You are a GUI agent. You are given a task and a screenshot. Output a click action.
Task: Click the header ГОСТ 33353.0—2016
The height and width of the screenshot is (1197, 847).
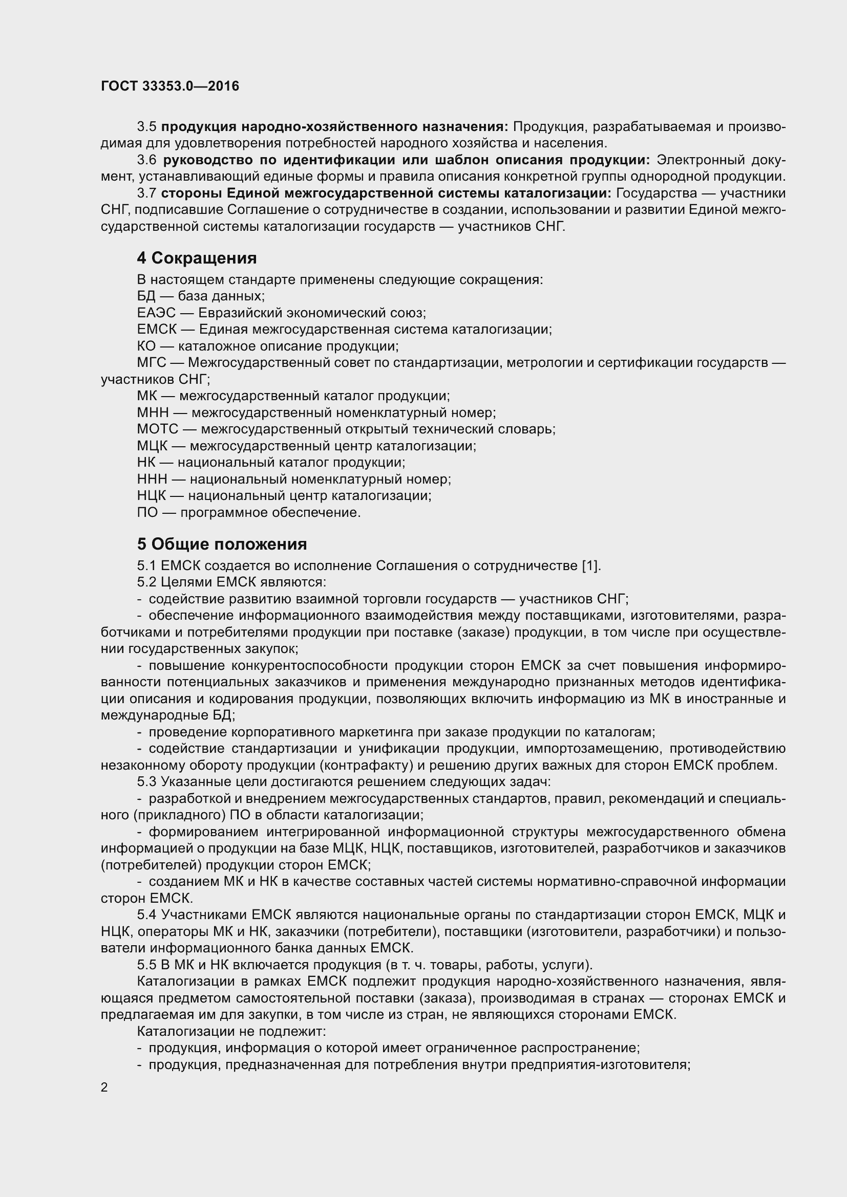170,86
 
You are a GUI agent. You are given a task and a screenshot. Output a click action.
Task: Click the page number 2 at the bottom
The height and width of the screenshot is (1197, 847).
104,1087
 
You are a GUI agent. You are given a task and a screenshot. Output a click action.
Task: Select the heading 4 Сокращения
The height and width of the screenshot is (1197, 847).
197,257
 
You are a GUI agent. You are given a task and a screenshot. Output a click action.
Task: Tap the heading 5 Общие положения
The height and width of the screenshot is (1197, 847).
222,544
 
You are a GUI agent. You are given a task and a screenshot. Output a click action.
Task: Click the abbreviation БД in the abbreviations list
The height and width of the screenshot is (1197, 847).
146,296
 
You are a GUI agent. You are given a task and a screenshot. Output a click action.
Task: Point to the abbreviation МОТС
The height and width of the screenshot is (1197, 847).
158,429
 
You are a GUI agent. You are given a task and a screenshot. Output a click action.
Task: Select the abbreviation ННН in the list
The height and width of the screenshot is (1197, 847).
152,478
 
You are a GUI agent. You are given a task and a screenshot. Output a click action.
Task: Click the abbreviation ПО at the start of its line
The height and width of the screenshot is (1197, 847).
147,512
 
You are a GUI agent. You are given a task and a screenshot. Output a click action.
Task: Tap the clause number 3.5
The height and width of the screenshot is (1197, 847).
146,127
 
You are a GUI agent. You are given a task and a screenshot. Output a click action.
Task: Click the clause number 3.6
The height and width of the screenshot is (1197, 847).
146,160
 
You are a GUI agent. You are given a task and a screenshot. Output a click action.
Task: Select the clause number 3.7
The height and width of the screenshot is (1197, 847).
146,193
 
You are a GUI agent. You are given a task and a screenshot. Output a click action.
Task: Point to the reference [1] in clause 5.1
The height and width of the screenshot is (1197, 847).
590,565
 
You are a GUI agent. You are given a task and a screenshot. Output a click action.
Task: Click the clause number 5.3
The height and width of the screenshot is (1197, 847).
146,781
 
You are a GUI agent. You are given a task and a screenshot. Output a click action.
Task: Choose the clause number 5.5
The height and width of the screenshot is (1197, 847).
146,965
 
